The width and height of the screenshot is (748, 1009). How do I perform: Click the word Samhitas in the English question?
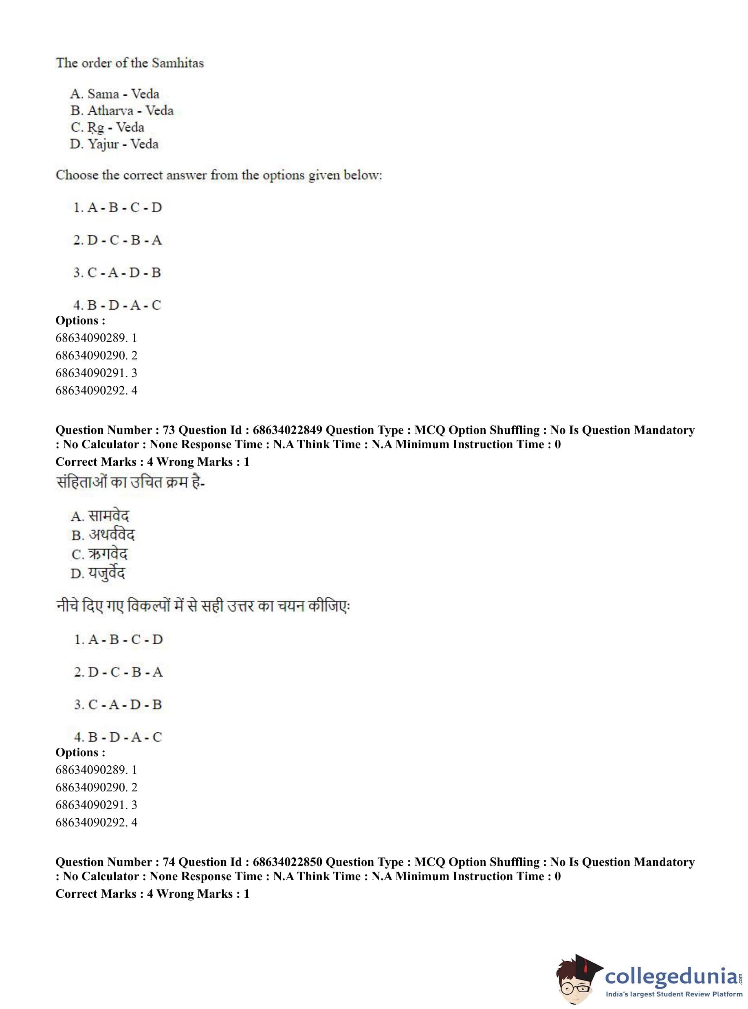pos(178,62)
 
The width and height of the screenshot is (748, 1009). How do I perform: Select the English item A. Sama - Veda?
pos(114,94)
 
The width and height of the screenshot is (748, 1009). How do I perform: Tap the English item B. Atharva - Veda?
pos(122,110)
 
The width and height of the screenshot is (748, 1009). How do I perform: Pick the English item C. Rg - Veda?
pos(107,127)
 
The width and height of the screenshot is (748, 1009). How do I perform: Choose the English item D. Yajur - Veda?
pos(114,144)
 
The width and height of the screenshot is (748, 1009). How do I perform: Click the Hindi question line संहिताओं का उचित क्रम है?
pos(131,483)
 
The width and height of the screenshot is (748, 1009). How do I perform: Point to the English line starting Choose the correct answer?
pos(219,175)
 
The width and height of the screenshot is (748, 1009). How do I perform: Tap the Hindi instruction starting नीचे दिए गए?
pos(203,606)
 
